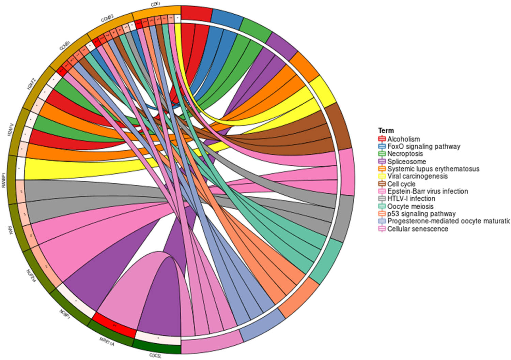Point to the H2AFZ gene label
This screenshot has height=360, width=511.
pyautogui.click(x=31, y=84)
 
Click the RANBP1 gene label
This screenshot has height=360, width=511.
pyautogui.click(x=4, y=178)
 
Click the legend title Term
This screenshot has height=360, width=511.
pyautogui.click(x=386, y=131)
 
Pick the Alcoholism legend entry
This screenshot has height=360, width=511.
pyautogui.click(x=403, y=139)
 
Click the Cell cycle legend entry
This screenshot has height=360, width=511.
pyautogui.click(x=401, y=184)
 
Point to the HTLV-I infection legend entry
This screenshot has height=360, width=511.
pyautogui.click(x=411, y=198)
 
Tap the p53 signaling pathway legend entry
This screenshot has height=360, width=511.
pyautogui.click(x=421, y=214)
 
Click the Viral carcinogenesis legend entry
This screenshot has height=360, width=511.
pyautogui.click(x=417, y=176)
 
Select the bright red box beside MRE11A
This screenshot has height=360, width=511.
pyautogui.click(x=113, y=326)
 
